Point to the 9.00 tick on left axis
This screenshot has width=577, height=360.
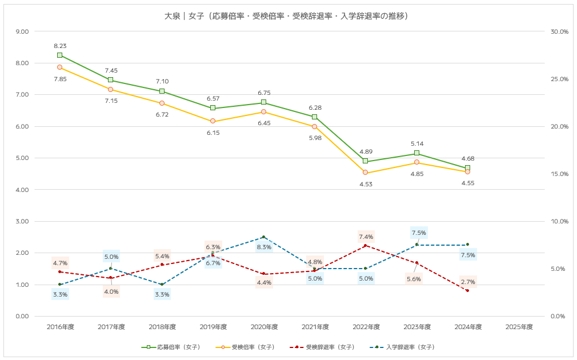click(x=21, y=31)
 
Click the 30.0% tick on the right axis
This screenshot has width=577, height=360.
click(x=559, y=31)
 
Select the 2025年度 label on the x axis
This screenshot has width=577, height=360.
click(x=519, y=327)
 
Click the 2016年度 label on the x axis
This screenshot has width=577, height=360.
click(x=60, y=327)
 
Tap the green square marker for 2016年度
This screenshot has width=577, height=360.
click(x=59, y=55)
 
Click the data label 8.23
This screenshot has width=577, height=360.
click(x=60, y=46)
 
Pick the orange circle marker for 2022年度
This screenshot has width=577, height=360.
click(x=366, y=173)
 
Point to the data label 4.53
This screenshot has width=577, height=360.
click(x=366, y=184)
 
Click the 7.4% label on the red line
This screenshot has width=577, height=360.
click(x=366, y=237)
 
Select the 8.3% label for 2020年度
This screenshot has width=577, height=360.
click(x=264, y=247)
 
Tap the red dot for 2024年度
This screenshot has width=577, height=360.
click(x=467, y=290)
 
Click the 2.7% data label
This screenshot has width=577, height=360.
click(x=467, y=282)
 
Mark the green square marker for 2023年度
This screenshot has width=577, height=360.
click(x=416, y=153)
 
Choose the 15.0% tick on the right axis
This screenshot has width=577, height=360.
click(x=559, y=174)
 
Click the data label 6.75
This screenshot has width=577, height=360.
click(x=264, y=93)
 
